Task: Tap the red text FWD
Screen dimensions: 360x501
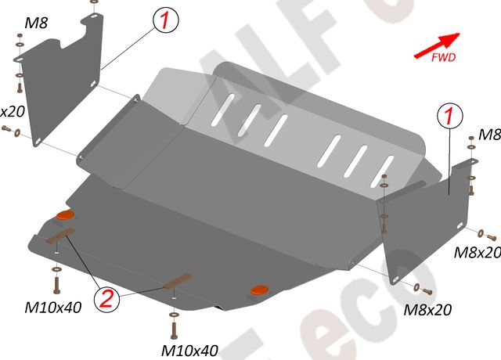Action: (444, 57)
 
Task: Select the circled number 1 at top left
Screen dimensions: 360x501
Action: (167, 20)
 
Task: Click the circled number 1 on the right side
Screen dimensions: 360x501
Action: (449, 116)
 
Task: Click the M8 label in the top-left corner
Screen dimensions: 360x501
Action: (35, 23)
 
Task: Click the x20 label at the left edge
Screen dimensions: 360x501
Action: (13, 111)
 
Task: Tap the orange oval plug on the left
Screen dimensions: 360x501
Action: (64, 215)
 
